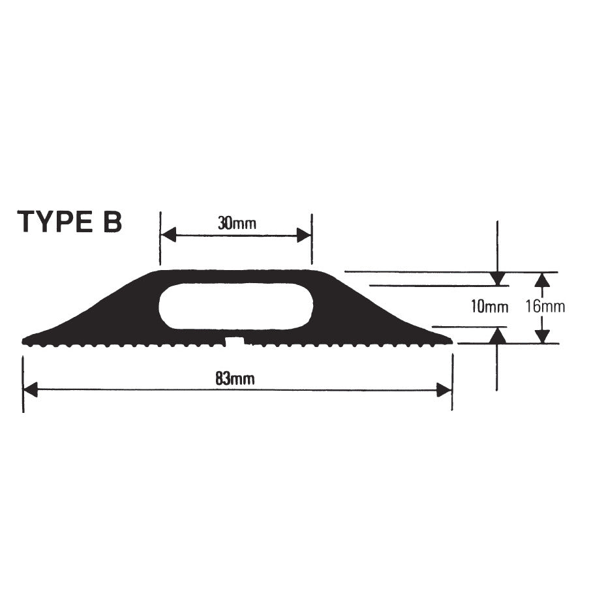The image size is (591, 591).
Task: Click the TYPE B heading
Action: coord(70,222)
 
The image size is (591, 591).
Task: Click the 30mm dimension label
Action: coord(236,224)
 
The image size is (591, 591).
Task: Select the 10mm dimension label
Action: coord(489,307)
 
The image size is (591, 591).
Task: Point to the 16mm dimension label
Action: coord(545,307)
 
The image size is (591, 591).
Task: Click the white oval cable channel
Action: coord(235,306)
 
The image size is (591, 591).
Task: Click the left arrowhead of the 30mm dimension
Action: coord(168,235)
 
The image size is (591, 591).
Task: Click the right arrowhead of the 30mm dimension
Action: coord(304,235)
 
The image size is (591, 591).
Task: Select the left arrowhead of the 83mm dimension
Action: coord(31,390)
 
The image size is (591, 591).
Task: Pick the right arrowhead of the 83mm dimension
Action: coord(444,390)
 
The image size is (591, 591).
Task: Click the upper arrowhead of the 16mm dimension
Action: coord(541,279)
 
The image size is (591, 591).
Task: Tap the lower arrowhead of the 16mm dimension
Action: coord(541,336)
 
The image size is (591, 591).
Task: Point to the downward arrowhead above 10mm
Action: coord(498,279)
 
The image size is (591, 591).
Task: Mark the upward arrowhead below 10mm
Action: coord(498,335)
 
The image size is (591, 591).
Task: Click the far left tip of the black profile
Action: coord(25,340)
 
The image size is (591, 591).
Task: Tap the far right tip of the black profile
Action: coord(449,340)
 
